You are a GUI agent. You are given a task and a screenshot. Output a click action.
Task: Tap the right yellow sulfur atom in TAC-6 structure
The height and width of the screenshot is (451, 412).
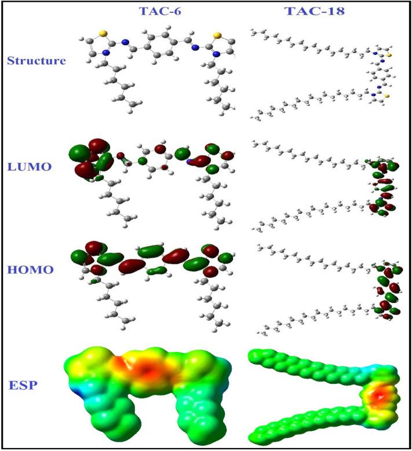pyautogui.click(x=217, y=35)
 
